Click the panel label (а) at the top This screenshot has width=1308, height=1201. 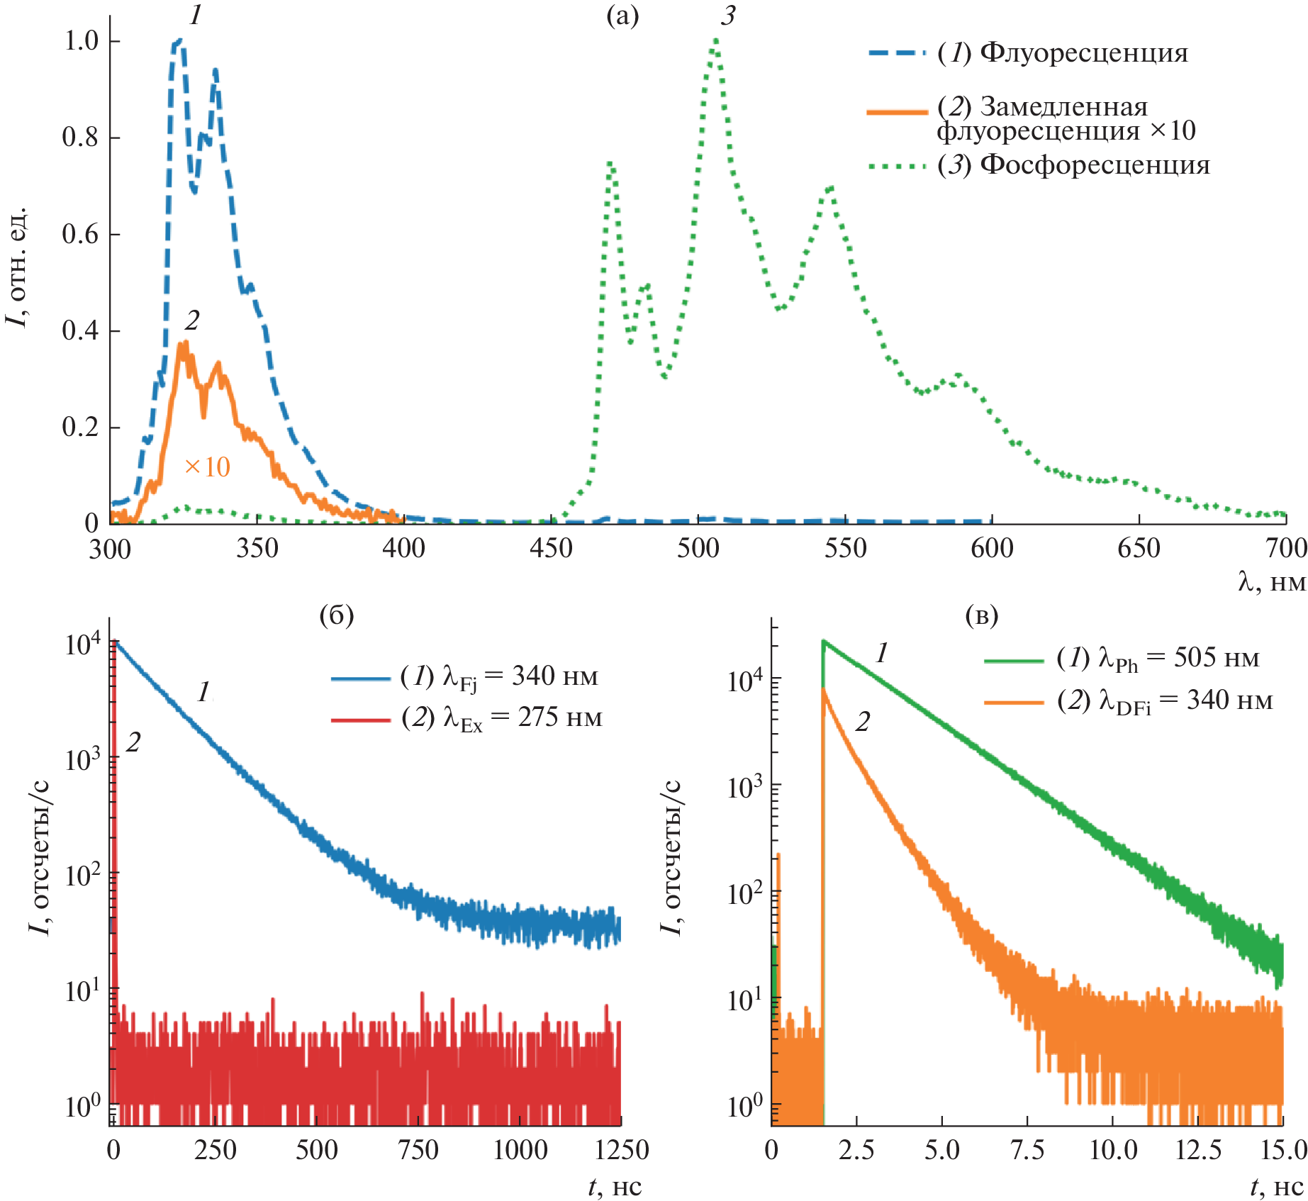click(x=622, y=16)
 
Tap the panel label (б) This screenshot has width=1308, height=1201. click(x=336, y=615)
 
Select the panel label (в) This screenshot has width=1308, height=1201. click(x=981, y=615)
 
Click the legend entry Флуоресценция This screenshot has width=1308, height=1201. click(x=1062, y=53)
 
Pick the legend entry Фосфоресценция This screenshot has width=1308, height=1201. click(x=1073, y=165)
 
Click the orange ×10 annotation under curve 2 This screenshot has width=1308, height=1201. click(x=207, y=467)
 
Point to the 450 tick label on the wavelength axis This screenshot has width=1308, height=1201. click(x=551, y=549)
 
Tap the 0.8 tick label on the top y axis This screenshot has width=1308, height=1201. click(x=80, y=137)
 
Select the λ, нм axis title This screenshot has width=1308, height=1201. click(x=1272, y=582)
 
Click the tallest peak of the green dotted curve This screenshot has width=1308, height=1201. click(x=715, y=40)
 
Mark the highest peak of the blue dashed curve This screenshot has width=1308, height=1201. click(x=178, y=44)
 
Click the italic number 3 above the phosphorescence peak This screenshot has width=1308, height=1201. click(x=728, y=16)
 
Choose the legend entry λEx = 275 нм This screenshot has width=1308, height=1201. click(x=501, y=719)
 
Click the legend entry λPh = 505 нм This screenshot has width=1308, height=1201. click(x=1158, y=659)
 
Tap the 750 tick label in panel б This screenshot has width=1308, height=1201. click(x=418, y=1150)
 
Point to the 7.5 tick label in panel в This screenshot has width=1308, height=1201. click(x=1027, y=1150)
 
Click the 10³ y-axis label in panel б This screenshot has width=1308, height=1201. click(x=83, y=759)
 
